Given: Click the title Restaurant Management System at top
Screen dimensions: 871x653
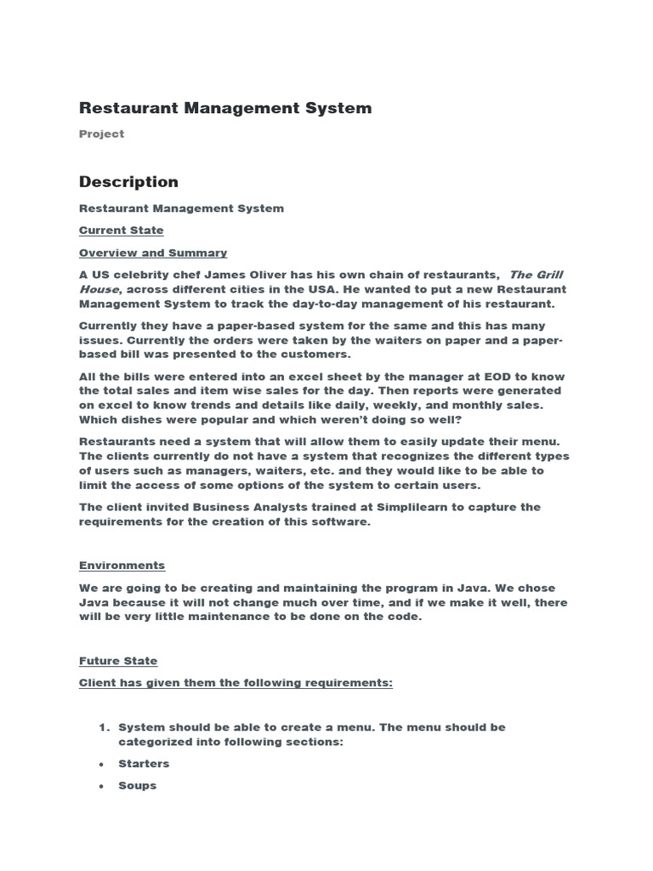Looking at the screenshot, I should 225,108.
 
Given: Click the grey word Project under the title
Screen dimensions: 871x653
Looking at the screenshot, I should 101,134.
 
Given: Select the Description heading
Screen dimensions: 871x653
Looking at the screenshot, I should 128,181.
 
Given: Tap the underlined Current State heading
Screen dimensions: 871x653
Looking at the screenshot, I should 121,231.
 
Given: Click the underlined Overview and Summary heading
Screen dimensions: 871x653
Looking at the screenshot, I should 153,253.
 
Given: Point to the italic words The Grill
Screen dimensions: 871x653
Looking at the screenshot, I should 536,275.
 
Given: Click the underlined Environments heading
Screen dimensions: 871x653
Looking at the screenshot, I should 122,566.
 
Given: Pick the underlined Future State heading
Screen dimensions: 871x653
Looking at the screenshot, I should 118,661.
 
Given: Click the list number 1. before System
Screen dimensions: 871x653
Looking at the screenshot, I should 105,727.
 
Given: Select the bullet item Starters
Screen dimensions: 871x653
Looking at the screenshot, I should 144,764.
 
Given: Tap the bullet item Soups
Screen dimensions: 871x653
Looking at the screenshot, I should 138,786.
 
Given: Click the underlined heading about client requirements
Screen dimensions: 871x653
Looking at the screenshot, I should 236,683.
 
